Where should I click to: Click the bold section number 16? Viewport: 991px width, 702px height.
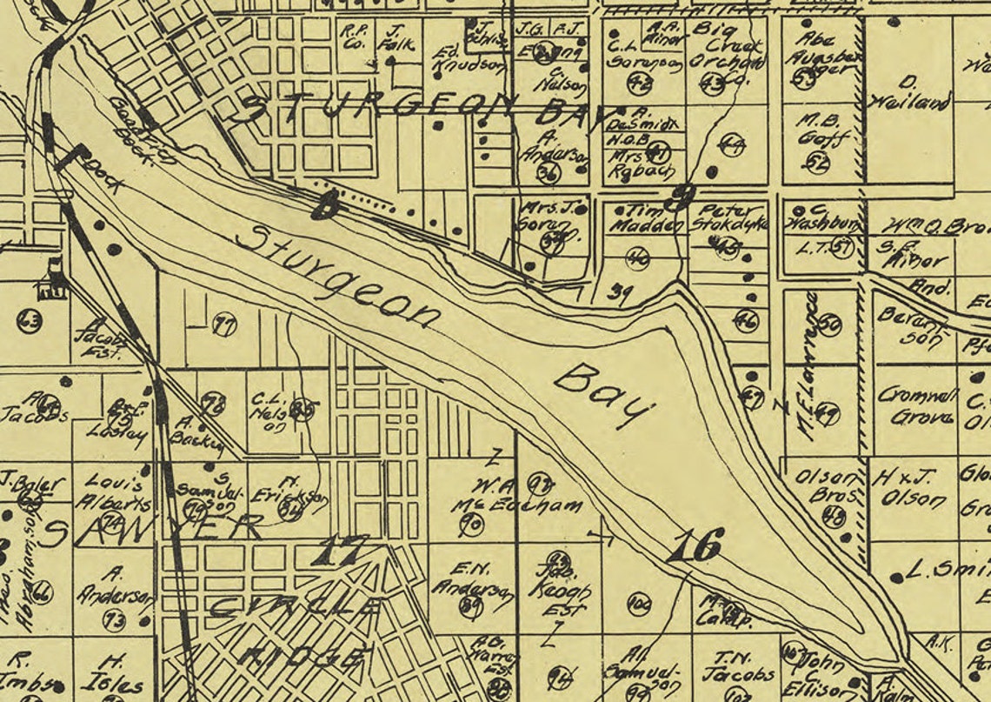click(x=696, y=545)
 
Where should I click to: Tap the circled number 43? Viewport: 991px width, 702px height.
click(x=713, y=85)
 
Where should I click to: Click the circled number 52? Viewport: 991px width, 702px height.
click(x=817, y=162)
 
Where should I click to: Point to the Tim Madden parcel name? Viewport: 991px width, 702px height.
click(x=642, y=217)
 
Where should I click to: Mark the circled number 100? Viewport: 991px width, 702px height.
click(x=640, y=603)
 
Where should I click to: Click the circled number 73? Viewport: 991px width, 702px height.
click(x=114, y=620)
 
